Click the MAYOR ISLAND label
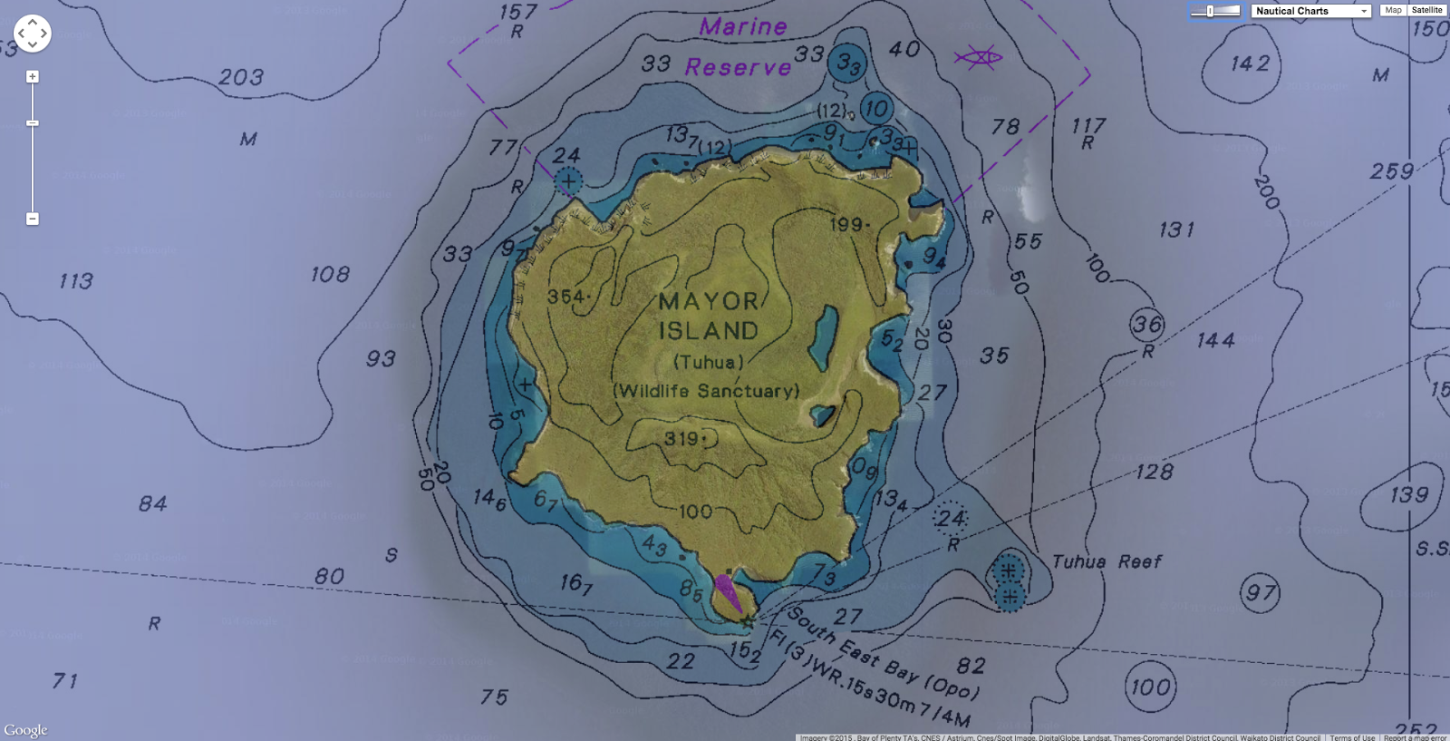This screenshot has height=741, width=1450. pos(709,316)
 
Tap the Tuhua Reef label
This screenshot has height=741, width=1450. pos(1107,562)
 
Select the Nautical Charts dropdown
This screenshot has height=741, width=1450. pos(1310,11)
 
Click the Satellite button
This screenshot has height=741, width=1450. pos(1426,10)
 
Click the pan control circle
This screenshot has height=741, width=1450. pos(33,34)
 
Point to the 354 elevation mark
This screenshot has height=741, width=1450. pos(567,297)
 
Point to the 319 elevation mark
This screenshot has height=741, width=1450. pos(683,439)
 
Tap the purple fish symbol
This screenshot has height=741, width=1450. pos(978,59)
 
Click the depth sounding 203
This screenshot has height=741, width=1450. pos(241,78)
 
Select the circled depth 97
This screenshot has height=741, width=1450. pos(1261,594)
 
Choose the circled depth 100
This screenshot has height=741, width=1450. pos(1151,687)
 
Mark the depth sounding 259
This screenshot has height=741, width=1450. pos(1392,171)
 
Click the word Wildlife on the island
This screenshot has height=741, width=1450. pos(653,391)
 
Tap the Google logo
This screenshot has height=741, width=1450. pos(25,730)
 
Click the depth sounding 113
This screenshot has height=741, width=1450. pos(76,281)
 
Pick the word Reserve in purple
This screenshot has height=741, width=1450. pos(738,67)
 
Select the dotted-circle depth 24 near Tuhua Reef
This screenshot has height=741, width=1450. pos(951,519)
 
